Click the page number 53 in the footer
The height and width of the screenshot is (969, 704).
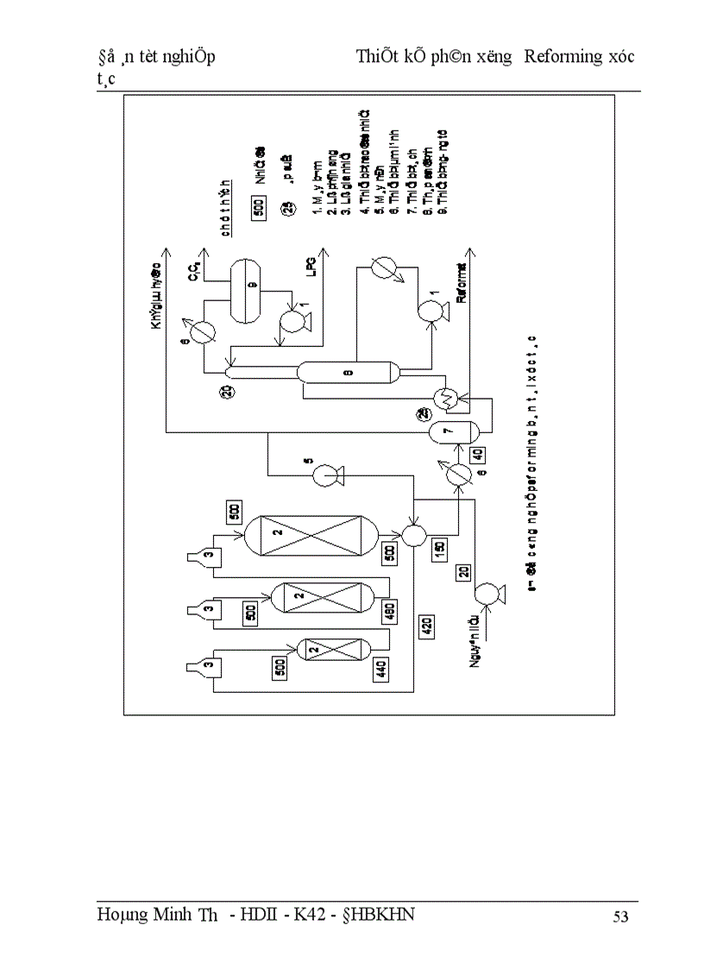pos(619,916)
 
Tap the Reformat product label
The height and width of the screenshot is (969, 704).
pos(462,286)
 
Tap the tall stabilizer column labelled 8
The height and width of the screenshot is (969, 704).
pos(348,372)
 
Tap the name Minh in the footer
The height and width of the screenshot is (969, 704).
pos(173,916)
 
